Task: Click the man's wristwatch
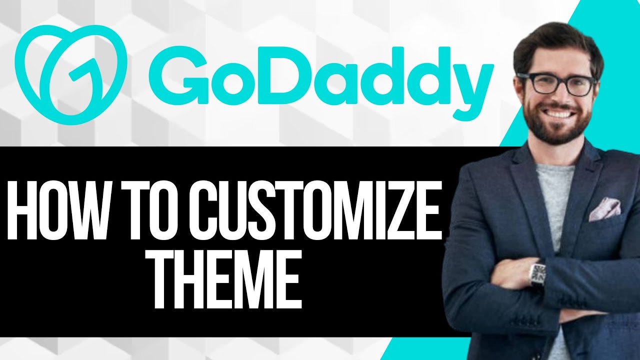(537, 273)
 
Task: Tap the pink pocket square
(604, 208)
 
